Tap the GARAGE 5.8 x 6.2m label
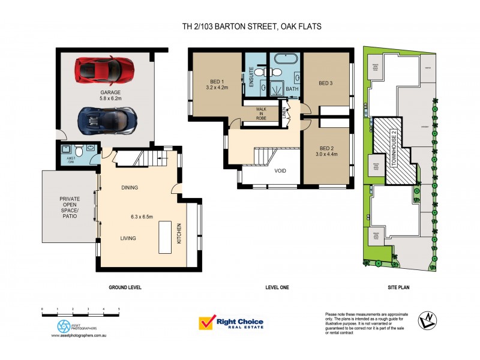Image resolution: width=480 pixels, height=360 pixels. point(111,95)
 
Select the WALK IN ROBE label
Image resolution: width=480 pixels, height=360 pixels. point(261,113)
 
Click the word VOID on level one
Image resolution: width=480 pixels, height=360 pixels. point(280,170)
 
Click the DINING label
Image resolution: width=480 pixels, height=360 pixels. point(129,188)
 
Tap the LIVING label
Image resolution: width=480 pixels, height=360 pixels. point(128,238)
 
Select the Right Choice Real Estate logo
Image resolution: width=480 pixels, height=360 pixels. point(231,323)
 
